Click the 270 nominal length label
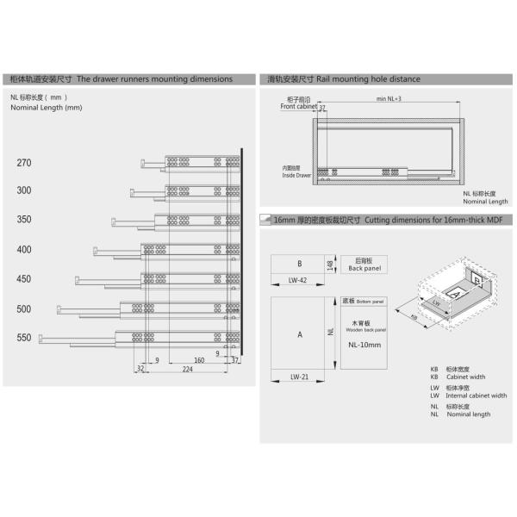pyautogui.click(x=23, y=163)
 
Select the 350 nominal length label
pyautogui.click(x=23, y=220)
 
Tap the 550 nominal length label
pyautogui.click(x=23, y=339)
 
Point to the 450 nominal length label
pyautogui.click(x=23, y=279)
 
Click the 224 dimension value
pyautogui.click(x=186, y=369)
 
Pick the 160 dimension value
pyautogui.click(x=198, y=360)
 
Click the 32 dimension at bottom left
pyautogui.click(x=140, y=369)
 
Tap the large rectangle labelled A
pyautogui.click(x=299, y=333)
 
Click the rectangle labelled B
pyautogui.click(x=299, y=264)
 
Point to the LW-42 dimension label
pyautogui.click(x=298, y=280)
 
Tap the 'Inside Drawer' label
pyautogui.click(x=296, y=175)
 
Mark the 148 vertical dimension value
pyautogui.click(x=331, y=264)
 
